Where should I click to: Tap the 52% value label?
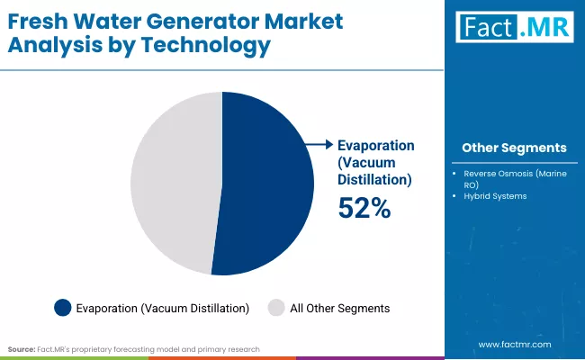(x=364, y=208)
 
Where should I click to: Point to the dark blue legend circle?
(x=62, y=308)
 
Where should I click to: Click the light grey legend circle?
(x=276, y=308)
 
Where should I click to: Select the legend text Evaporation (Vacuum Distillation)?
(x=162, y=308)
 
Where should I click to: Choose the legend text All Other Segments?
(x=339, y=308)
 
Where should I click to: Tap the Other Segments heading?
(x=514, y=148)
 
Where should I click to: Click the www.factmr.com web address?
(x=514, y=344)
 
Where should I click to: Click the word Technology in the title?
(x=217, y=46)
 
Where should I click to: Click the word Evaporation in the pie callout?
(x=375, y=145)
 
